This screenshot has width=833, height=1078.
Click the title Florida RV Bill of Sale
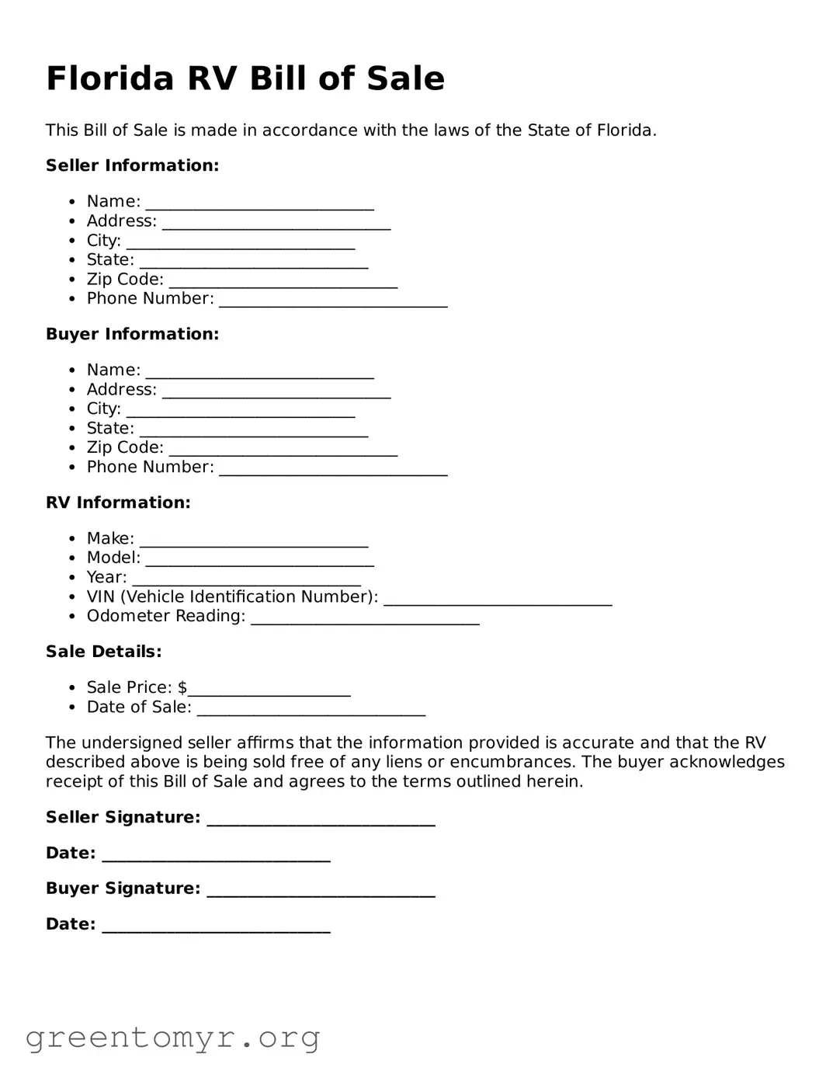245,78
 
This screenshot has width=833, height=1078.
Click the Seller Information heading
132,165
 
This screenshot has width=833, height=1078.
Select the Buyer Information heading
132,334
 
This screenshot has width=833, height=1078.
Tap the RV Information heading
118,502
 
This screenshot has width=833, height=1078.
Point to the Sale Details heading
103,652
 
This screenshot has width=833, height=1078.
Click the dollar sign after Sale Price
182,687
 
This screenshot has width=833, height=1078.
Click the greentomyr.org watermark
172,1038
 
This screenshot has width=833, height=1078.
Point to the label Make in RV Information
109,538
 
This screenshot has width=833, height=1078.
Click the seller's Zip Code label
124,280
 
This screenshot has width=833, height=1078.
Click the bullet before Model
72,558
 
